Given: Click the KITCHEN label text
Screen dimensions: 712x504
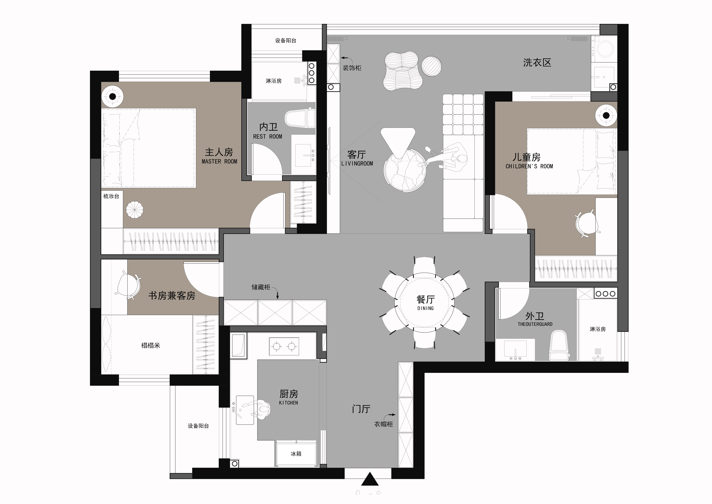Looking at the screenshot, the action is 288,403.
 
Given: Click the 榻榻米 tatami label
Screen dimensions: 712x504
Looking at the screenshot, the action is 151,345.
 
